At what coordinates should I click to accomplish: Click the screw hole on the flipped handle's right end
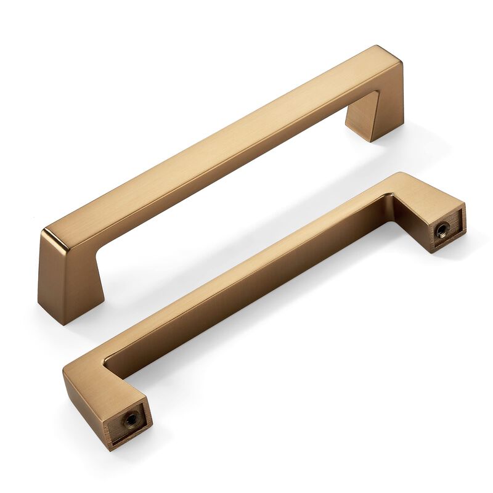tap(441, 231)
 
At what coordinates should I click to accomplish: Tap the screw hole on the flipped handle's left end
tap(131, 419)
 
